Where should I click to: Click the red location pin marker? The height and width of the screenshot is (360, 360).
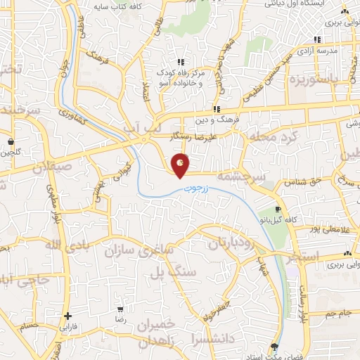pyautogui.click(x=181, y=165)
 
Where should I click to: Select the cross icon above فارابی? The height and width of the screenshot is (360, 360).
pyautogui.click(x=67, y=316)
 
